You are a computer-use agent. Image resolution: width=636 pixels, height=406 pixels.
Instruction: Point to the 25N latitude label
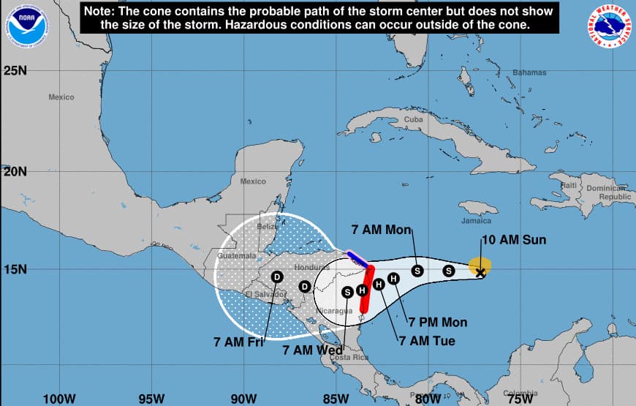(15, 70)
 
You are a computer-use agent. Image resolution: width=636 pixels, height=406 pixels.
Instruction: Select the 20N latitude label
(15, 171)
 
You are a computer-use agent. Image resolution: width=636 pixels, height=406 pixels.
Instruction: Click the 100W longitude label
(59, 399)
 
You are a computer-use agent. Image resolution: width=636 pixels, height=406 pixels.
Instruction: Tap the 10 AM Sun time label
(513, 240)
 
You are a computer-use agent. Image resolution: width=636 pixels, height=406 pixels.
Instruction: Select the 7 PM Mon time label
(439, 322)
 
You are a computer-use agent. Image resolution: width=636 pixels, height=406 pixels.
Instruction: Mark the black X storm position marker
(480, 273)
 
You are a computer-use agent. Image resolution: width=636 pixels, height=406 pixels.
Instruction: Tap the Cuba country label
(414, 119)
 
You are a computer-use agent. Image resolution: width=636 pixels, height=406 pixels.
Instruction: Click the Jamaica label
(476, 220)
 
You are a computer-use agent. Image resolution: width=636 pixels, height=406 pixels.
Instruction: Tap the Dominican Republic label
(604, 192)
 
